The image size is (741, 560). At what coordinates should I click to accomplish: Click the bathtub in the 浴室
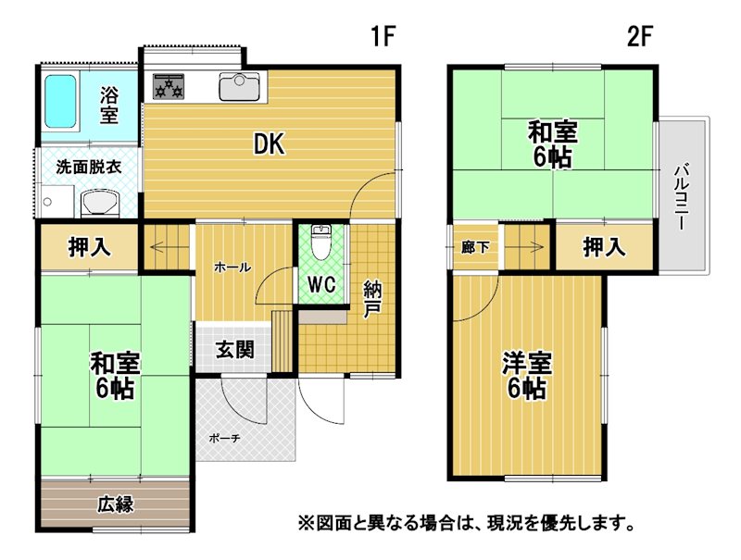(x=60, y=102)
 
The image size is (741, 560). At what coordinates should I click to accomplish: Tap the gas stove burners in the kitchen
(x=169, y=86)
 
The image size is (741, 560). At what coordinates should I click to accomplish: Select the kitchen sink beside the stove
(x=239, y=86)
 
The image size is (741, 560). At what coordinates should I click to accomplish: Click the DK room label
(x=269, y=144)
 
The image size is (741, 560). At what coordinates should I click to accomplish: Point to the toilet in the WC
(x=322, y=243)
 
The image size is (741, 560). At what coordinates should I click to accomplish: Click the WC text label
(x=321, y=284)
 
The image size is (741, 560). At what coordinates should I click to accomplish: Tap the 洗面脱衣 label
(x=88, y=168)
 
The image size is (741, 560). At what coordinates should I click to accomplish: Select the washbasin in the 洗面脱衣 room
(x=100, y=204)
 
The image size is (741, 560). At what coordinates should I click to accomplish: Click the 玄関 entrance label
(x=235, y=350)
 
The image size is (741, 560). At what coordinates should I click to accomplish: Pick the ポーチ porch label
(x=224, y=439)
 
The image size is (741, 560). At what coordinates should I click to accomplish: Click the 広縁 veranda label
(x=115, y=504)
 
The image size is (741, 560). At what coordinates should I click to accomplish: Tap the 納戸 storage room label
(x=372, y=299)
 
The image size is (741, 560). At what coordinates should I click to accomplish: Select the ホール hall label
(x=232, y=268)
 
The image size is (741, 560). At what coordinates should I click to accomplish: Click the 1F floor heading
(x=383, y=36)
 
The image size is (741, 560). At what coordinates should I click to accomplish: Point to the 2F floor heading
(x=640, y=36)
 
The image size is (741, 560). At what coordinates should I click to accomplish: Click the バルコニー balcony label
(x=680, y=197)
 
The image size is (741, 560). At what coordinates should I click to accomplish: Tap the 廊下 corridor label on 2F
(x=475, y=247)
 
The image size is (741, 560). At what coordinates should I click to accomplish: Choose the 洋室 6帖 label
(x=526, y=376)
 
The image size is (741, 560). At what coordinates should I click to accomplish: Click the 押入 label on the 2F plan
(x=605, y=247)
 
